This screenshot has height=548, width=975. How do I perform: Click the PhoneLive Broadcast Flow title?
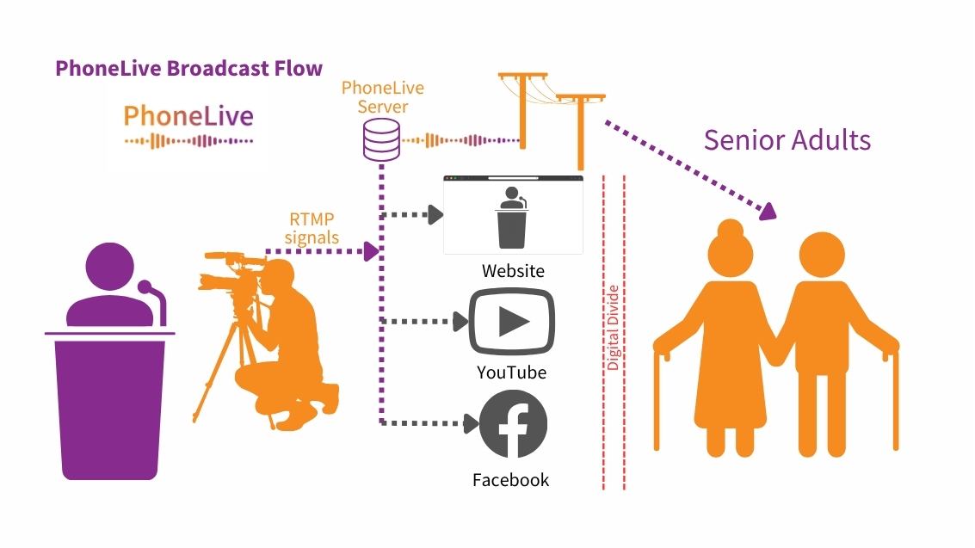pos(188,69)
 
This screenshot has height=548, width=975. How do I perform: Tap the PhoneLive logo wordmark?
pos(188,116)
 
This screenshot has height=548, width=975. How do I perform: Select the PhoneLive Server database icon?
pos(380,139)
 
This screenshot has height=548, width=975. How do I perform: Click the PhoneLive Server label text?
pos(383,97)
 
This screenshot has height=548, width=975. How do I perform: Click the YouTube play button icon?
pos(511,322)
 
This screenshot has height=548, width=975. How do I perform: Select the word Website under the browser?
pos(513,271)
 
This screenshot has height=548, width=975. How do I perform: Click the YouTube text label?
pos(511,373)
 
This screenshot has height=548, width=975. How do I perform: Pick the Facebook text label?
pos(510,480)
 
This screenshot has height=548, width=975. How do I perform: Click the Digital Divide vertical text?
pos(613,327)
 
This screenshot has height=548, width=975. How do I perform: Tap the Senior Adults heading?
pos(787,139)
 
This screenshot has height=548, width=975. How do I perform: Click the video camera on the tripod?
pos(227,270)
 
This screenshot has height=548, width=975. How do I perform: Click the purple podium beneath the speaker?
pos(110,404)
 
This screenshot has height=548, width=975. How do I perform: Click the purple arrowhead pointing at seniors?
pos(768,209)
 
